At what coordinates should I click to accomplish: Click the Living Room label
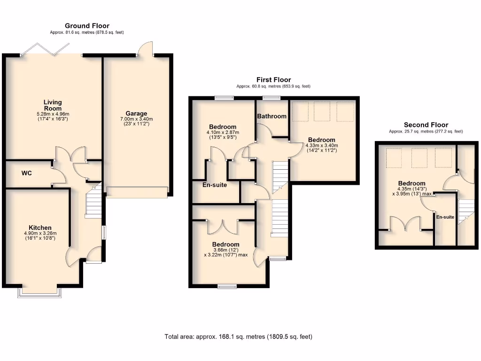(x=53, y=105)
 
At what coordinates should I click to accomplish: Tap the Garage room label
(x=136, y=113)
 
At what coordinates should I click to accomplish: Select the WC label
(x=26, y=173)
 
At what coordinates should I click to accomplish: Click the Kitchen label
(x=39, y=228)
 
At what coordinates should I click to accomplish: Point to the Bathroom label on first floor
(x=272, y=116)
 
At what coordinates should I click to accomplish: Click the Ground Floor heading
(x=87, y=25)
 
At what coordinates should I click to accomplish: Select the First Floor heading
(x=273, y=80)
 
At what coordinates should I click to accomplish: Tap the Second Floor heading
(x=426, y=125)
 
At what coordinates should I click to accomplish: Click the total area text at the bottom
(x=238, y=337)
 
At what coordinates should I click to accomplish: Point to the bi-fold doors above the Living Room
(x=52, y=49)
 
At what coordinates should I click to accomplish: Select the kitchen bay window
(x=39, y=293)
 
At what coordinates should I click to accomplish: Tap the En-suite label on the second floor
(x=445, y=217)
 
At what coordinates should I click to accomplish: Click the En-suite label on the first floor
(x=215, y=185)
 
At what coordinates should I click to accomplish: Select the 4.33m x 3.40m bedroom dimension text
(x=322, y=145)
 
